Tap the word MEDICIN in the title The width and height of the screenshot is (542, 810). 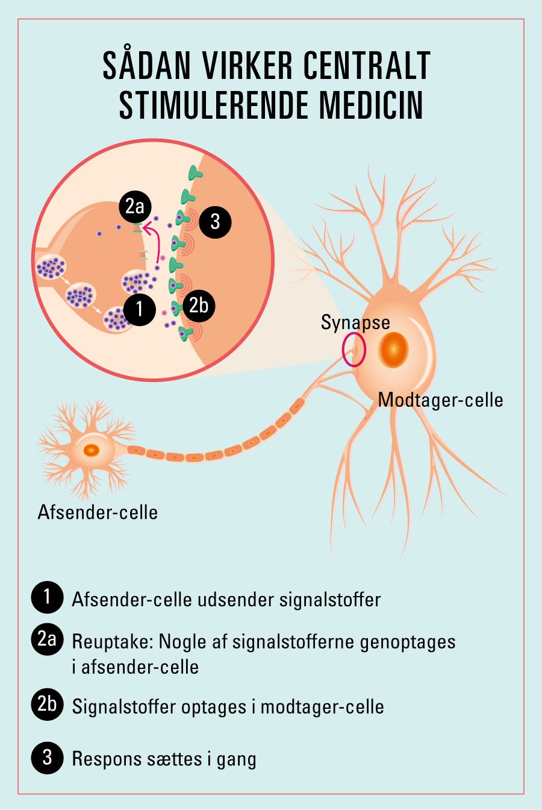pos(371,105)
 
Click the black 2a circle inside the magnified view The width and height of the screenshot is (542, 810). pos(135,207)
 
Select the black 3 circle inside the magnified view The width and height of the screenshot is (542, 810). pos(215,221)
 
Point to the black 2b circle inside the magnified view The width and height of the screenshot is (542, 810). pos(198,305)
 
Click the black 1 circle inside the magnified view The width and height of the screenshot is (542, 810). pos(139,309)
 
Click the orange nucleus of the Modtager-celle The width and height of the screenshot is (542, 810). pos(393,351)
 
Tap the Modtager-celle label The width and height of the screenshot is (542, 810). pos(440,400)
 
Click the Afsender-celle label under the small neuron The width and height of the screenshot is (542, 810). pos(98,512)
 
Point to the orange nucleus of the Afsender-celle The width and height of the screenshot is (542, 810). pos(92,450)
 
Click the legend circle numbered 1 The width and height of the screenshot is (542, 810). pos(47,597)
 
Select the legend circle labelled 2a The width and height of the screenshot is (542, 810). pos(47,638)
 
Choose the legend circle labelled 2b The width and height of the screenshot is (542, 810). pos(47,703)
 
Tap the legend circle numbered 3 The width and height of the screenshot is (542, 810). pos(47,757)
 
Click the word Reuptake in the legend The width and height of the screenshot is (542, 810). pos(112,641)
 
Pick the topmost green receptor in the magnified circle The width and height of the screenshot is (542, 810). pos(195,174)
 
